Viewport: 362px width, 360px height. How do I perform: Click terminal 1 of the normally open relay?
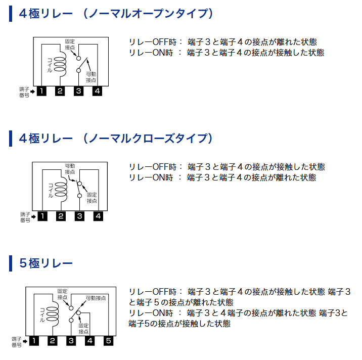point(41,91)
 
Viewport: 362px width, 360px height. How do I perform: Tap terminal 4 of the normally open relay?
point(97,91)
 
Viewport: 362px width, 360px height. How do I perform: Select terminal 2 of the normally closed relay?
point(61,216)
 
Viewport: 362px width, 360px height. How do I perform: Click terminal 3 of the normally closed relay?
point(80,216)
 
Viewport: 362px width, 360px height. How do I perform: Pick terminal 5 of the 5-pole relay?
point(109,341)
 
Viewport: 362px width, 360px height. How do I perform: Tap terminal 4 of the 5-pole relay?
point(90,341)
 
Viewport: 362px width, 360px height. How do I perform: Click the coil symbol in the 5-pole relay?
point(53,314)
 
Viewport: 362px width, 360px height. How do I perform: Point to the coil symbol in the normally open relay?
point(60,64)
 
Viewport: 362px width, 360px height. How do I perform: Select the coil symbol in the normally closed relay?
point(61,189)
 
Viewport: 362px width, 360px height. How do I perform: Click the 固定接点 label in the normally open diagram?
point(70,44)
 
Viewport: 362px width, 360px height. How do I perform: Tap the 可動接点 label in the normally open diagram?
point(91,77)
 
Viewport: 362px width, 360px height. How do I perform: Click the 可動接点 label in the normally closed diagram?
point(70,169)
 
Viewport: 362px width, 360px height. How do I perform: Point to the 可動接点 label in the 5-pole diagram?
point(96,298)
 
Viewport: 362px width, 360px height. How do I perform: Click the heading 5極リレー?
point(46,263)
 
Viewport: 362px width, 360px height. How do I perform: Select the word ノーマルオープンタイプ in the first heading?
point(148,14)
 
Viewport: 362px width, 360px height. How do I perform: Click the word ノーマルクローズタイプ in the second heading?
point(148,139)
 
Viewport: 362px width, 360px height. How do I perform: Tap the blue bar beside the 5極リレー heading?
point(11,263)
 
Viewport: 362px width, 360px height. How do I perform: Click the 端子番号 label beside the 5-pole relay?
point(17,342)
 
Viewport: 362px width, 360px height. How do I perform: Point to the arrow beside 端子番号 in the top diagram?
point(32,92)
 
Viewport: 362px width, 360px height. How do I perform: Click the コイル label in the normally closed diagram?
point(51,190)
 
